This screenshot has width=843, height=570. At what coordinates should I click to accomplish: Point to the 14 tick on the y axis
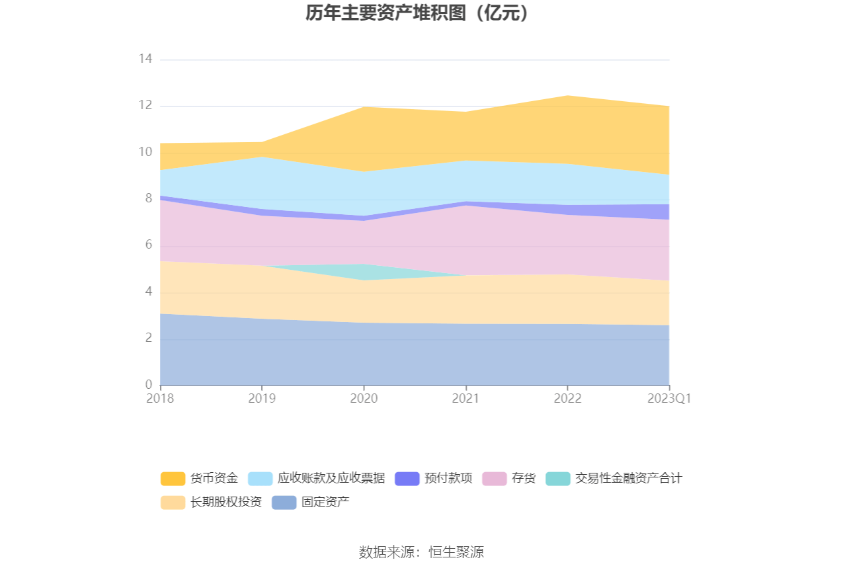pyautogui.click(x=145, y=60)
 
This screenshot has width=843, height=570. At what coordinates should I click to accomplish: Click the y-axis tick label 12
pyautogui.click(x=145, y=106)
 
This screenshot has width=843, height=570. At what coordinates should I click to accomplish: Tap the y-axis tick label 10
pyautogui.click(x=145, y=153)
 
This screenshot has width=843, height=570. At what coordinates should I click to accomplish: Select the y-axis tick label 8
pyautogui.click(x=149, y=199)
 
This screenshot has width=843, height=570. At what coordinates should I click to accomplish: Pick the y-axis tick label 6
pyautogui.click(x=149, y=245)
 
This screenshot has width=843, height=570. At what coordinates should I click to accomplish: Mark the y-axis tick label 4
pyautogui.click(x=149, y=292)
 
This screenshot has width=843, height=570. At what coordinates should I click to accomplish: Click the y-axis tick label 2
pyautogui.click(x=149, y=339)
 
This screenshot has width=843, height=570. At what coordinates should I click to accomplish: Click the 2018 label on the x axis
pyautogui.click(x=160, y=399)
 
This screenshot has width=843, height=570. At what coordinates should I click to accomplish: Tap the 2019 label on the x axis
pyautogui.click(x=262, y=399)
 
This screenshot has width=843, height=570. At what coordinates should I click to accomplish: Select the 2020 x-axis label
pyautogui.click(x=364, y=399)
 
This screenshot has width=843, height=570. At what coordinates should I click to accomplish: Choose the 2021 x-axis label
pyautogui.click(x=465, y=399)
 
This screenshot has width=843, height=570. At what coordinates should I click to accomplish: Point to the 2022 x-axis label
pyautogui.click(x=567, y=399)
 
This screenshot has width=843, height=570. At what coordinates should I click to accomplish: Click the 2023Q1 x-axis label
pyautogui.click(x=669, y=399)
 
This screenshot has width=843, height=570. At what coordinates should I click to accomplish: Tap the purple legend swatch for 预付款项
pyautogui.click(x=407, y=478)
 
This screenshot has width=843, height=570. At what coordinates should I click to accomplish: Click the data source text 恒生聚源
pyautogui.click(x=456, y=552)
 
